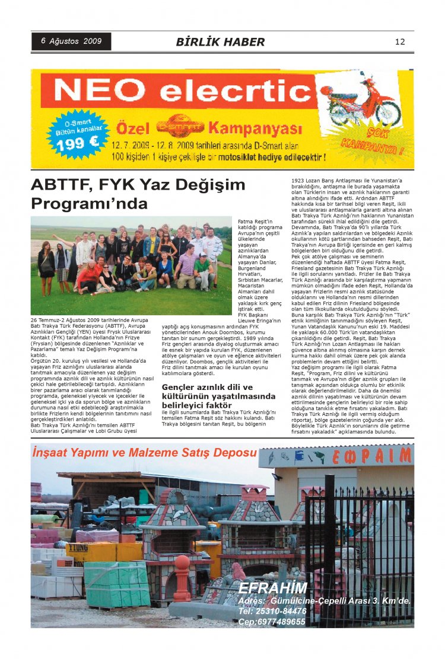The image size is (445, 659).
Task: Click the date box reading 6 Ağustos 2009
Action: pyautogui.click(x=71, y=41)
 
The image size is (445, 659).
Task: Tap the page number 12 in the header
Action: pyautogui.click(x=399, y=41)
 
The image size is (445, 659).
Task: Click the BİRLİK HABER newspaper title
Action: pyautogui.click(x=220, y=42)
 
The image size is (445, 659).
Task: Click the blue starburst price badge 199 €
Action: pyautogui.click(x=78, y=134)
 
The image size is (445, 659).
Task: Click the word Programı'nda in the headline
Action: pyautogui.click(x=89, y=204)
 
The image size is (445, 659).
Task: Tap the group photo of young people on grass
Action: pyautogui.click(x=131, y=265)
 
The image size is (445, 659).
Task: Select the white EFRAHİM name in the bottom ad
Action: pyautogui.click(x=273, y=588)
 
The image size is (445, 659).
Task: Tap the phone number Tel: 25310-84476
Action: pyautogui.click(x=272, y=611)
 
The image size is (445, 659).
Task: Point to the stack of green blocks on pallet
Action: pyautogui.click(x=116, y=584)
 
